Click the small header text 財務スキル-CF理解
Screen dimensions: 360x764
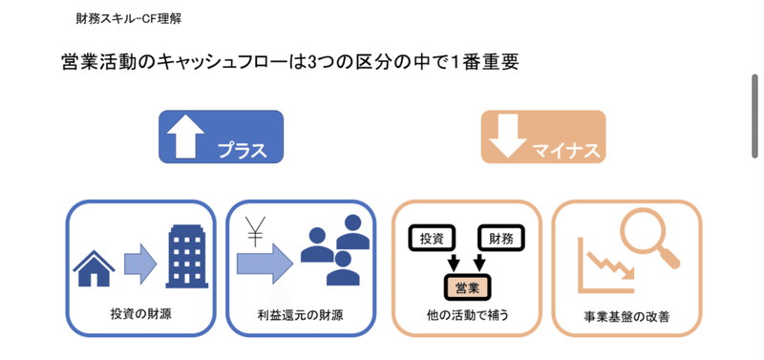(130, 18)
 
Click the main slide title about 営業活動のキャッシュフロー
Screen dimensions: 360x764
(288, 62)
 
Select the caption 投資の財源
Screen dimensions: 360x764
(140, 313)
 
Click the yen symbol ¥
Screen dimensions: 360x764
(255, 231)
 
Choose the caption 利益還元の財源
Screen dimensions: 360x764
(300, 314)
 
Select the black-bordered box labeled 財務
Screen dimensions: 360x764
(499, 236)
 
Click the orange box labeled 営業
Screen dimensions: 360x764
(468, 285)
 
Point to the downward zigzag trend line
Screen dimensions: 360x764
(608, 265)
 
